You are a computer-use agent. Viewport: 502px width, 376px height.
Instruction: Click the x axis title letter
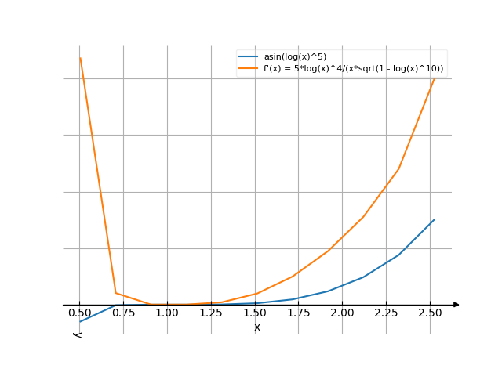pos(257,327)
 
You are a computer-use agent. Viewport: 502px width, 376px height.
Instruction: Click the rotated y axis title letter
pos(78,334)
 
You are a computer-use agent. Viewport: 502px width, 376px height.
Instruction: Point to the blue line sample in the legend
pos(249,56)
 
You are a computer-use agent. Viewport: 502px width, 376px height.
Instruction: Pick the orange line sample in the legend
pos(249,68)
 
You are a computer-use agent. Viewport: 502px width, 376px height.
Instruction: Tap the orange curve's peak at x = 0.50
pos(80,58)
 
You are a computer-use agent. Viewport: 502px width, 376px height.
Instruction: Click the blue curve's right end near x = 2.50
pos(434,219)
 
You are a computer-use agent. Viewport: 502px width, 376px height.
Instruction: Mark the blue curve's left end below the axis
pos(80,322)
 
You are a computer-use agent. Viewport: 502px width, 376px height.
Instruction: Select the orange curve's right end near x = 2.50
pos(434,76)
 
